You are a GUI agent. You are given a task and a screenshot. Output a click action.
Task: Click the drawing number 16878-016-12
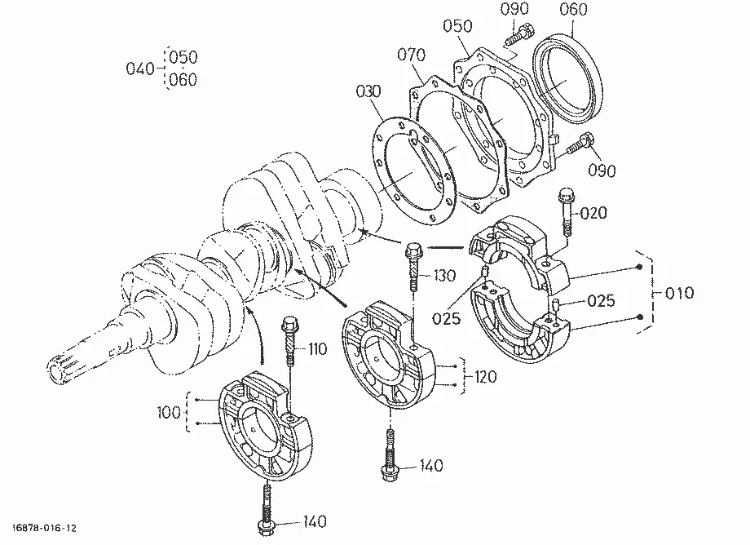coord(44,528)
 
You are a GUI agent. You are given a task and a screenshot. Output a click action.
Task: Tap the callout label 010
coord(679,292)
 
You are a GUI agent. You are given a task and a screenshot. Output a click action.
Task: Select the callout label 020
coord(593,212)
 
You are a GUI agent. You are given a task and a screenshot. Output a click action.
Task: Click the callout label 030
coord(368,91)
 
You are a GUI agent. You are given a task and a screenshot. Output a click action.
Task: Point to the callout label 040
coord(140,69)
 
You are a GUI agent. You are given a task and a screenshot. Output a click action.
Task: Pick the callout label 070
coord(412,55)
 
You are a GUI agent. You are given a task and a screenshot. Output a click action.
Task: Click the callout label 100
coord(169,412)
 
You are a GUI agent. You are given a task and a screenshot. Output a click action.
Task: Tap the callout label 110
coord(318,349)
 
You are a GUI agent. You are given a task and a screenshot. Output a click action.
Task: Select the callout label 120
coord(486,377)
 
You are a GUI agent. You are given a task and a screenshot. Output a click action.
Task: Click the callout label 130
coord(444,276)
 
